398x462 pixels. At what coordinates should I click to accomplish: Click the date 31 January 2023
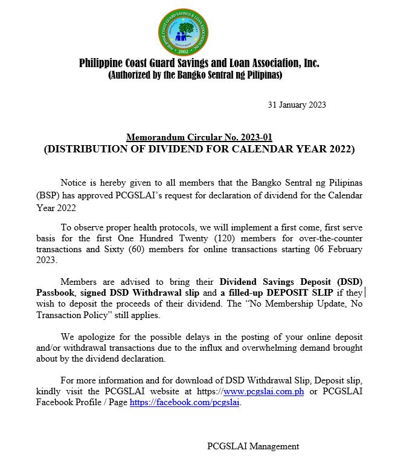(297, 105)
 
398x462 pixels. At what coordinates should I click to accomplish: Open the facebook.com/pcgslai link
(185, 402)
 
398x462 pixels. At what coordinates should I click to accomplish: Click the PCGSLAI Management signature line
(252, 446)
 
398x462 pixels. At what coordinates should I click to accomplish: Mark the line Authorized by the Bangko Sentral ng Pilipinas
(195, 76)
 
